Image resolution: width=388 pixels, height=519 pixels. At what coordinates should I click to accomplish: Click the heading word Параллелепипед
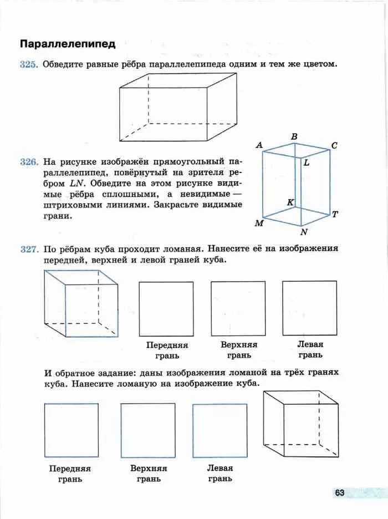pyautogui.click(x=68, y=44)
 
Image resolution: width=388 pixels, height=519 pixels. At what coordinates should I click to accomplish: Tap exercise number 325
pyautogui.click(x=28, y=65)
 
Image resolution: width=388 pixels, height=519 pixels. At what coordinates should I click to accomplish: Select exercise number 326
pyautogui.click(x=28, y=162)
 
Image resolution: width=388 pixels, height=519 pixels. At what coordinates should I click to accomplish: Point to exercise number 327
pyautogui.click(x=28, y=250)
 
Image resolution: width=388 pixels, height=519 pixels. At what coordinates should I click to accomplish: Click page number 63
pyautogui.click(x=339, y=492)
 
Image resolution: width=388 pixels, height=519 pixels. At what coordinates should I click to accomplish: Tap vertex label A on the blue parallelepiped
pyautogui.click(x=259, y=145)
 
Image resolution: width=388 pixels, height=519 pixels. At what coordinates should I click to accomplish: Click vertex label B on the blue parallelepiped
pyautogui.click(x=294, y=136)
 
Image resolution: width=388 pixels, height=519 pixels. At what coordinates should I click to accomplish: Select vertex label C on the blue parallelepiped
pyautogui.click(x=334, y=145)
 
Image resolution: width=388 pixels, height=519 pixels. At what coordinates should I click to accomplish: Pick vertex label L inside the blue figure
pyautogui.click(x=306, y=163)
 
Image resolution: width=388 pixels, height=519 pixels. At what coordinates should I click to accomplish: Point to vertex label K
pyautogui.click(x=290, y=202)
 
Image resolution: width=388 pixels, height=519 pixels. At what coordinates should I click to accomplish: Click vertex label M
pyautogui.click(x=258, y=223)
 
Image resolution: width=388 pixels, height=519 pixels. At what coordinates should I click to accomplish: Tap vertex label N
pyautogui.click(x=303, y=232)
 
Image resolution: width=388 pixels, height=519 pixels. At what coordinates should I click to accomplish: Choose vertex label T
pyautogui.click(x=335, y=215)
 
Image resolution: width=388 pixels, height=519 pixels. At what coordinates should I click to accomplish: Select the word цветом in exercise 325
pyautogui.click(x=320, y=65)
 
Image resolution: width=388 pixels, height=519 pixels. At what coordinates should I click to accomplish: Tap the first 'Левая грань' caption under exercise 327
pyautogui.click(x=310, y=349)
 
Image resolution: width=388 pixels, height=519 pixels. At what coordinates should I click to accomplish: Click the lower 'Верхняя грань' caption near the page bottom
pyautogui.click(x=149, y=473)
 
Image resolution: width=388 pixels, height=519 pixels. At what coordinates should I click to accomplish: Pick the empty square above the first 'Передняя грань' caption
pyautogui.click(x=166, y=308)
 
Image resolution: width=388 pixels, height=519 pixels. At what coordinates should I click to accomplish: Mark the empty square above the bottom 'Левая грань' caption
pyautogui.click(x=220, y=430)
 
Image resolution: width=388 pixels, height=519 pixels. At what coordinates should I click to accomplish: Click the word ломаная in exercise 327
pyautogui.click(x=184, y=250)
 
